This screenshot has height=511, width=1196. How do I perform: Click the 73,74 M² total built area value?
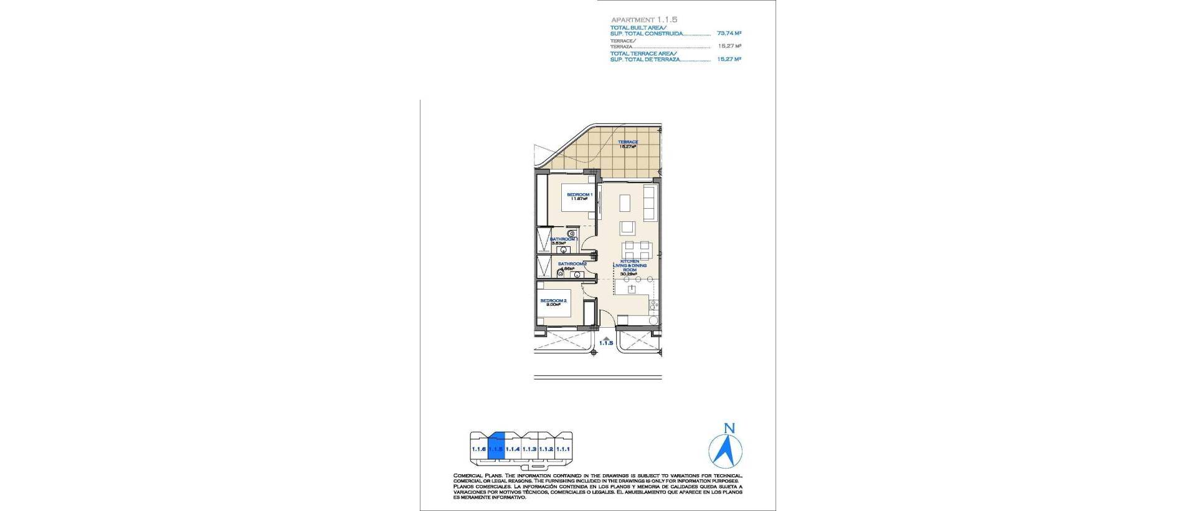tap(729, 33)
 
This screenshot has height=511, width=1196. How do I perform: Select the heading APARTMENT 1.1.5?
tap(643, 20)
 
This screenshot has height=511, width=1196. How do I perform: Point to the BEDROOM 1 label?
tap(579, 195)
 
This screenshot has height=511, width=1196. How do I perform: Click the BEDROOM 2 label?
tap(553, 301)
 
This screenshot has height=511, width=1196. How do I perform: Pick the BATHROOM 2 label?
tap(572, 264)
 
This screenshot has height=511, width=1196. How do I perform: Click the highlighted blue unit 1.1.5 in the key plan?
tap(496, 448)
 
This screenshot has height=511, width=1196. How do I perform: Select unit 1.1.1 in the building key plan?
tap(563, 449)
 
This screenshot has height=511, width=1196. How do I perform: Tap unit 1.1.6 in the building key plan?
tap(478, 449)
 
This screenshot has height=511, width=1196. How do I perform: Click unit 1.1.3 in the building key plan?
tap(529, 449)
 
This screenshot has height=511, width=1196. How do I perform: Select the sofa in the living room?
tap(650, 203)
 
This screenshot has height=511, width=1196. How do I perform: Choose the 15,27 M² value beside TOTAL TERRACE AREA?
tap(729, 59)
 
